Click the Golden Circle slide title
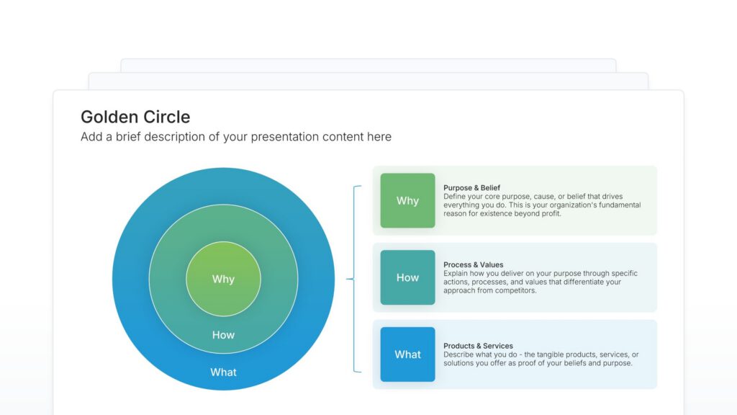click(135, 117)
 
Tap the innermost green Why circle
click(223, 279)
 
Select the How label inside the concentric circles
click(223, 335)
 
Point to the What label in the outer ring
click(223, 372)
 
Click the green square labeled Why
click(407, 200)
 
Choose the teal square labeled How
click(407, 277)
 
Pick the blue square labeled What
click(407, 354)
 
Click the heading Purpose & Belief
click(472, 188)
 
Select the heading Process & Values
click(474, 265)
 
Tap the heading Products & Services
click(478, 346)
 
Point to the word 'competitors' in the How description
click(515, 291)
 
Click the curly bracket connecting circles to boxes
click(353, 279)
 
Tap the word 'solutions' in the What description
click(459, 363)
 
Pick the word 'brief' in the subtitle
click(128, 137)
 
